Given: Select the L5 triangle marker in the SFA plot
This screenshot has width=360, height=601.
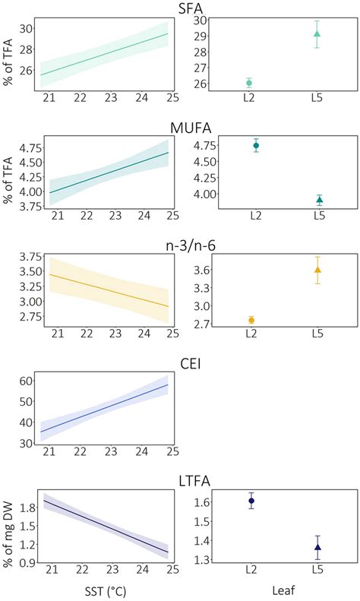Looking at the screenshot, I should coord(317,33).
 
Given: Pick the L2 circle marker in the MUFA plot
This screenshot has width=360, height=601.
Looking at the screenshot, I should coord(256,145).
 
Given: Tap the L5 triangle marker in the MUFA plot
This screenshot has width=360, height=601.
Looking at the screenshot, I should coord(320,201).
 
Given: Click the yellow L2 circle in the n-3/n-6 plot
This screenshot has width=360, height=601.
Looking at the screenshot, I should coord(251,320).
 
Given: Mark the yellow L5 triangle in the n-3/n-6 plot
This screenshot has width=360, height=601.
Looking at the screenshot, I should coord(317,270).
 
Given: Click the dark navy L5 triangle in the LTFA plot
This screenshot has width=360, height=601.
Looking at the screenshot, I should coord(318,547).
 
